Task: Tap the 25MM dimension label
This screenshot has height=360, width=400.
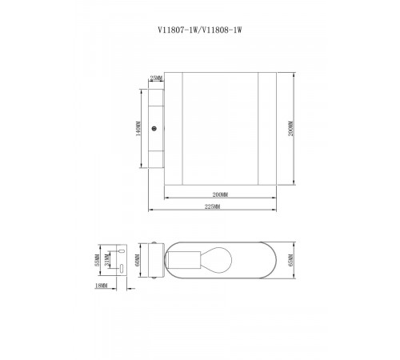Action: [x=156, y=78]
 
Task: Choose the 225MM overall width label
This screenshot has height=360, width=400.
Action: [x=212, y=207]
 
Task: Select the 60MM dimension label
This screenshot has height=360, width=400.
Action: [x=137, y=261]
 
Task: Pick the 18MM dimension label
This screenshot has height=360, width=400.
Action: [x=101, y=285]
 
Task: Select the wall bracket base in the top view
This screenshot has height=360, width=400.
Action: [x=152, y=261]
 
